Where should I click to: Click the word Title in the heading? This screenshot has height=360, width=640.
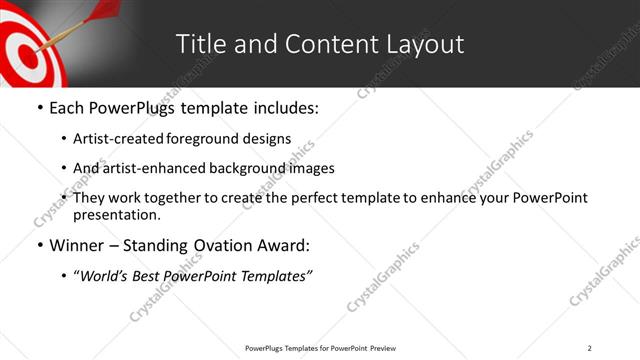[198, 44]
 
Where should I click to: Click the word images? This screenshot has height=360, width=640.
[313, 168]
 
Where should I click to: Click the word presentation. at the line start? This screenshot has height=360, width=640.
[116, 215]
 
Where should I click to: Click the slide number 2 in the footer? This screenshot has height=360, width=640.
[589, 348]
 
